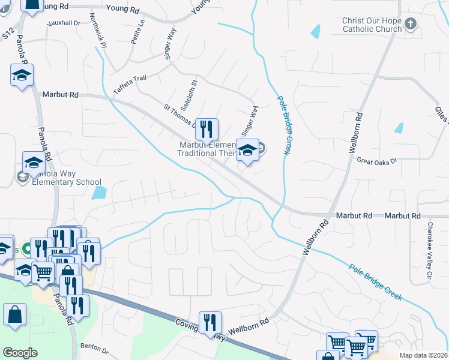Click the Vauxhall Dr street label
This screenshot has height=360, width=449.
65,23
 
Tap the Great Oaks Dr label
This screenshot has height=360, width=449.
377,161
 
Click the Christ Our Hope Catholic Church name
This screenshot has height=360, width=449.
372,25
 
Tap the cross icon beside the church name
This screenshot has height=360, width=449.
411,25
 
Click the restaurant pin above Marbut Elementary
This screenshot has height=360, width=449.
206,128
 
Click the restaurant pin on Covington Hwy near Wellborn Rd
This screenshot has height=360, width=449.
210,322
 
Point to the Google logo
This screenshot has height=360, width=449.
20,353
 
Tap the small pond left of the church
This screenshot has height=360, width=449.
316,31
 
